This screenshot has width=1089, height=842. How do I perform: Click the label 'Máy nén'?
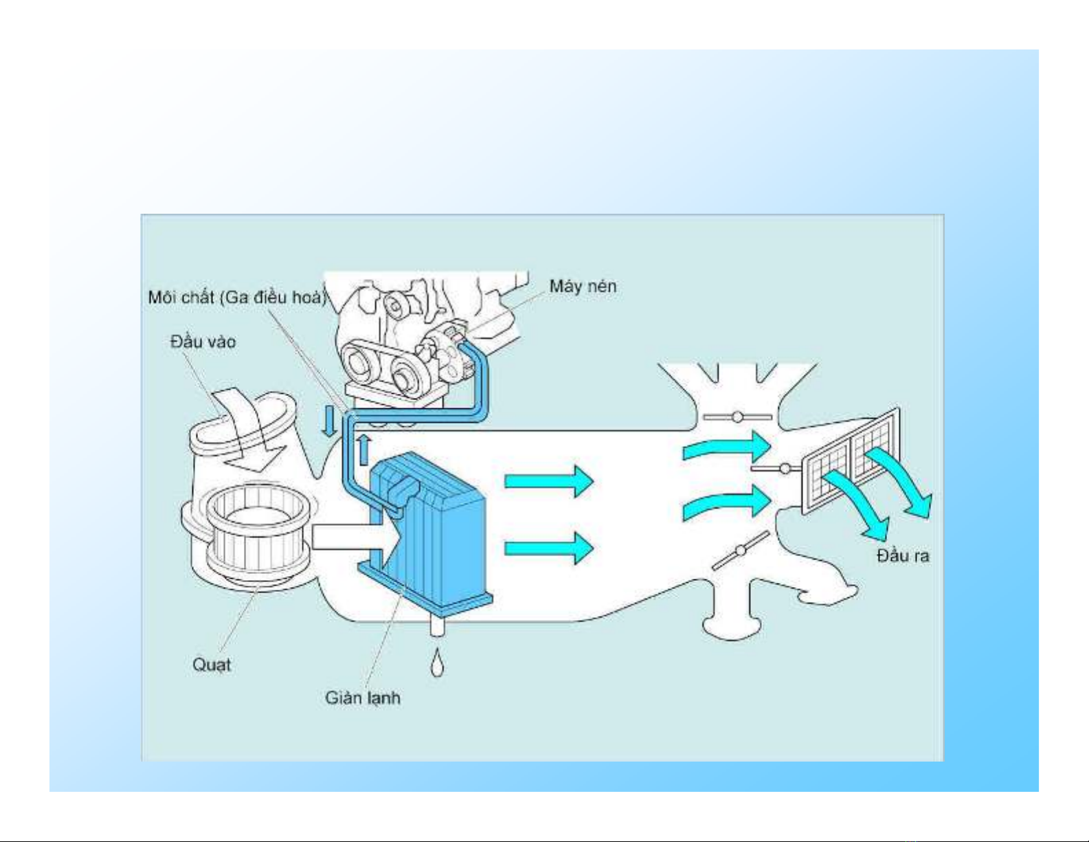(x=583, y=287)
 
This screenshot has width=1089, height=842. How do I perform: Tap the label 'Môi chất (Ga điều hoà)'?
(x=238, y=298)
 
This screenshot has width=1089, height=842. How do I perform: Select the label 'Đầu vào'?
(x=203, y=342)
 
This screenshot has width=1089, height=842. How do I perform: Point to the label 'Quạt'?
(x=212, y=665)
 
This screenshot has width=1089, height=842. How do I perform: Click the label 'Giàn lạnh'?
(x=363, y=698)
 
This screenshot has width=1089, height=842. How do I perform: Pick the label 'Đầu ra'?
(x=903, y=555)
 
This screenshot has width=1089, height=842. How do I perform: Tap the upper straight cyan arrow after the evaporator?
(x=549, y=482)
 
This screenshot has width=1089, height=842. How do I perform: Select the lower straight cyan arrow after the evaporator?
(x=549, y=549)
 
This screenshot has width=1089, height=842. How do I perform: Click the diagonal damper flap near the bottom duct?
(x=740, y=551)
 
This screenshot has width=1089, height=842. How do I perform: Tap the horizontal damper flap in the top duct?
(x=737, y=417)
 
